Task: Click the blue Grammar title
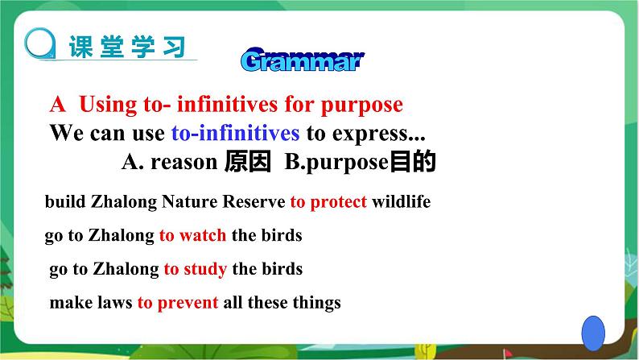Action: click(303, 60)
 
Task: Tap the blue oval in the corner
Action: click(593, 333)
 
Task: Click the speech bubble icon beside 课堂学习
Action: click(40, 43)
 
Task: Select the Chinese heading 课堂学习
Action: click(127, 47)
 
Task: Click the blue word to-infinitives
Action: click(235, 134)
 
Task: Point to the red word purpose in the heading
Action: click(362, 106)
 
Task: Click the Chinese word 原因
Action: click(248, 161)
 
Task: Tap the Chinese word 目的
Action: click(413, 161)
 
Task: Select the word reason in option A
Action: click(183, 163)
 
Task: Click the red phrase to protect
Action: click(328, 202)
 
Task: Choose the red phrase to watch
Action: click(192, 235)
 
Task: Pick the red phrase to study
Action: click(196, 270)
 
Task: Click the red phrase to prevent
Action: click(178, 303)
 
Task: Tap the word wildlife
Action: click(401, 201)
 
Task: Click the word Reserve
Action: click(254, 201)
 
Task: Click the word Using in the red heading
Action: click(108, 105)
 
